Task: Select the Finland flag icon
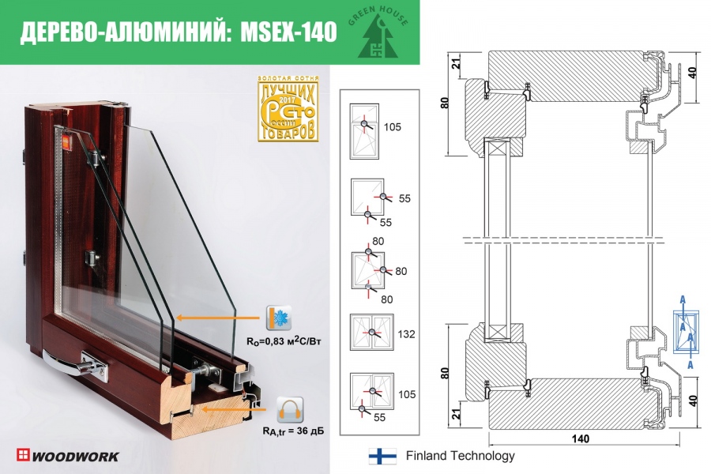point(382,456)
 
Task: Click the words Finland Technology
point(460,456)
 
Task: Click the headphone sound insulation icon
point(289,411)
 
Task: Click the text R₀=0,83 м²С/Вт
point(275,343)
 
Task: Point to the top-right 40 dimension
point(693,76)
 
